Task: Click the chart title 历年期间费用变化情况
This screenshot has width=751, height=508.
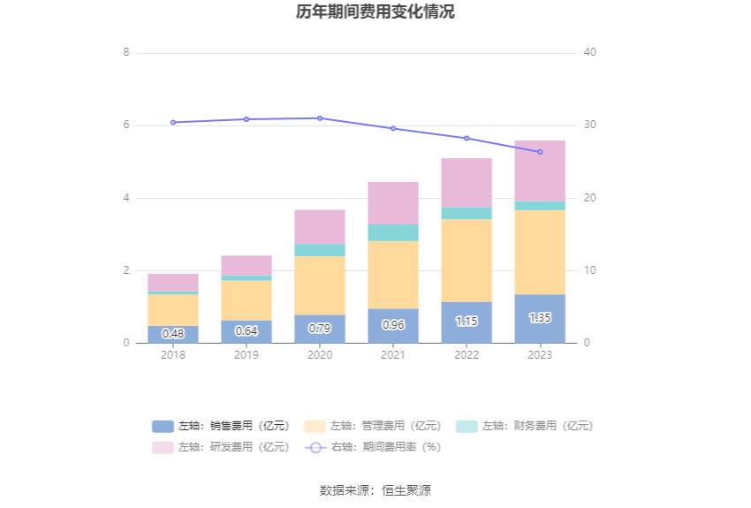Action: [x=375, y=12]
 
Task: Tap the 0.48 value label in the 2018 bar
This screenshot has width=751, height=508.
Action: [x=173, y=333]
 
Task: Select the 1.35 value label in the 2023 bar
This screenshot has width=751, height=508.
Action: [x=540, y=317]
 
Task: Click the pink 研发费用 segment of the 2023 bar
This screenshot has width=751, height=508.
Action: [x=540, y=171]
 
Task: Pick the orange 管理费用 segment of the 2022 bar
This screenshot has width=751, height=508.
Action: [x=467, y=260]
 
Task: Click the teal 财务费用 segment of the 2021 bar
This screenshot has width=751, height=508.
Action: [x=393, y=232]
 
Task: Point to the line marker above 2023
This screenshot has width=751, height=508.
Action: [x=540, y=152]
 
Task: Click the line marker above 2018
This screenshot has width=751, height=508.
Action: [x=173, y=122]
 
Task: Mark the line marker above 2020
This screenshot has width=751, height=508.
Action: [x=320, y=118]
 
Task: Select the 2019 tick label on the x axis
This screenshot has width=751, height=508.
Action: [x=247, y=355]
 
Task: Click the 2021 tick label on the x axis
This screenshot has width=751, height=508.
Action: [x=393, y=355]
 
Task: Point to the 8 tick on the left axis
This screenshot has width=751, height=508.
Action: [x=126, y=52]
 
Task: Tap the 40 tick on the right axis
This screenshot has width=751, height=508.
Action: [x=590, y=52]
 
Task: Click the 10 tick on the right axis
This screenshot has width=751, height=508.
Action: [x=590, y=270]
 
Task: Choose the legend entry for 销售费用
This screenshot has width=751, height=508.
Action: [x=221, y=426]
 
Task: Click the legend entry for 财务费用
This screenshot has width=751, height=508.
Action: [x=525, y=426]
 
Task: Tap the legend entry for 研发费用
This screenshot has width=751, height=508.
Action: [x=221, y=447]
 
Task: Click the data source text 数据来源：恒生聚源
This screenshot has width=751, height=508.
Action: [x=375, y=489]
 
